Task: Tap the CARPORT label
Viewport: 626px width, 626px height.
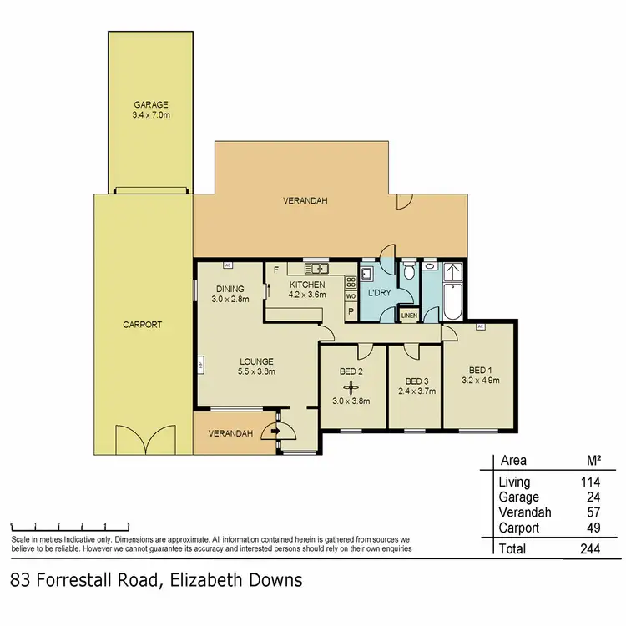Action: click(144, 325)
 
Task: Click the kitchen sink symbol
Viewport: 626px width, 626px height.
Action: click(317, 269)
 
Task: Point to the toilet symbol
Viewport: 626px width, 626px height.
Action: click(408, 273)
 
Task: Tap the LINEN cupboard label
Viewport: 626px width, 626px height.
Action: click(409, 316)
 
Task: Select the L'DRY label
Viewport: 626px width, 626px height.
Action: click(380, 294)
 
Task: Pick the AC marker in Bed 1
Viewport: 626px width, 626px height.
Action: click(480, 326)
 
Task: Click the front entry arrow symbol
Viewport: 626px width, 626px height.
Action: click(272, 432)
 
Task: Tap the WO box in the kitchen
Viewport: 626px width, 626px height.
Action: click(351, 296)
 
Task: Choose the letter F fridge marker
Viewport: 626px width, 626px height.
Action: click(275, 270)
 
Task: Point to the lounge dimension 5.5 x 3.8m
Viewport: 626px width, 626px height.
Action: click(255, 372)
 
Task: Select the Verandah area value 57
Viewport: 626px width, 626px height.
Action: click(596, 512)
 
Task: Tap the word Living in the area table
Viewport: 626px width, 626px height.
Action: click(514, 482)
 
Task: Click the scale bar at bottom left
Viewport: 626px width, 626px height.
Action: click(69, 527)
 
